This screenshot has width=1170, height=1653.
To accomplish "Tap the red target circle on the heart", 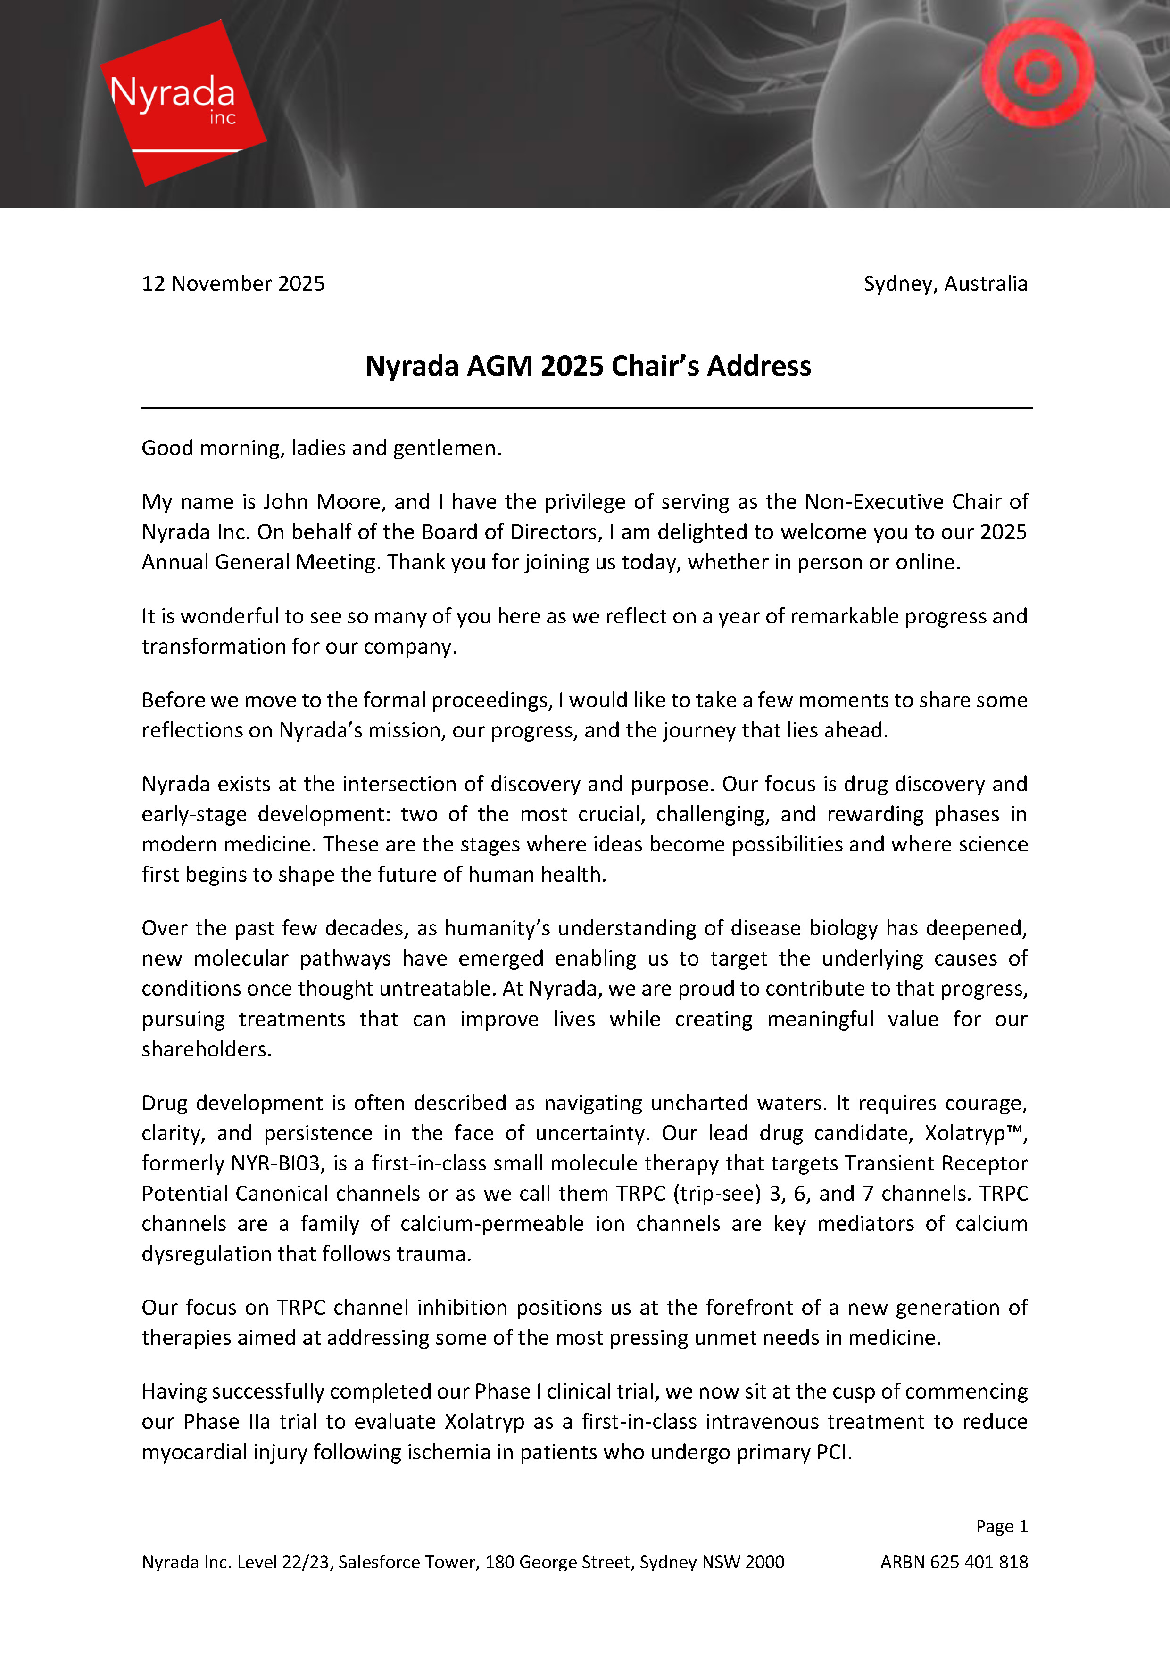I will click(x=1037, y=72).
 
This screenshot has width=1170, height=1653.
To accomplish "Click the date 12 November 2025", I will click(x=232, y=284).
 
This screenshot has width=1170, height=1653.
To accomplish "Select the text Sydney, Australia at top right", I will click(x=945, y=284).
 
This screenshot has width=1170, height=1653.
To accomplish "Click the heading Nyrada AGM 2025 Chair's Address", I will click(x=588, y=366).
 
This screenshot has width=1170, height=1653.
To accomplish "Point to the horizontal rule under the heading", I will click(x=587, y=408).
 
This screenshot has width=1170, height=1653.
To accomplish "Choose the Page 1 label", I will click(x=1002, y=1526).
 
